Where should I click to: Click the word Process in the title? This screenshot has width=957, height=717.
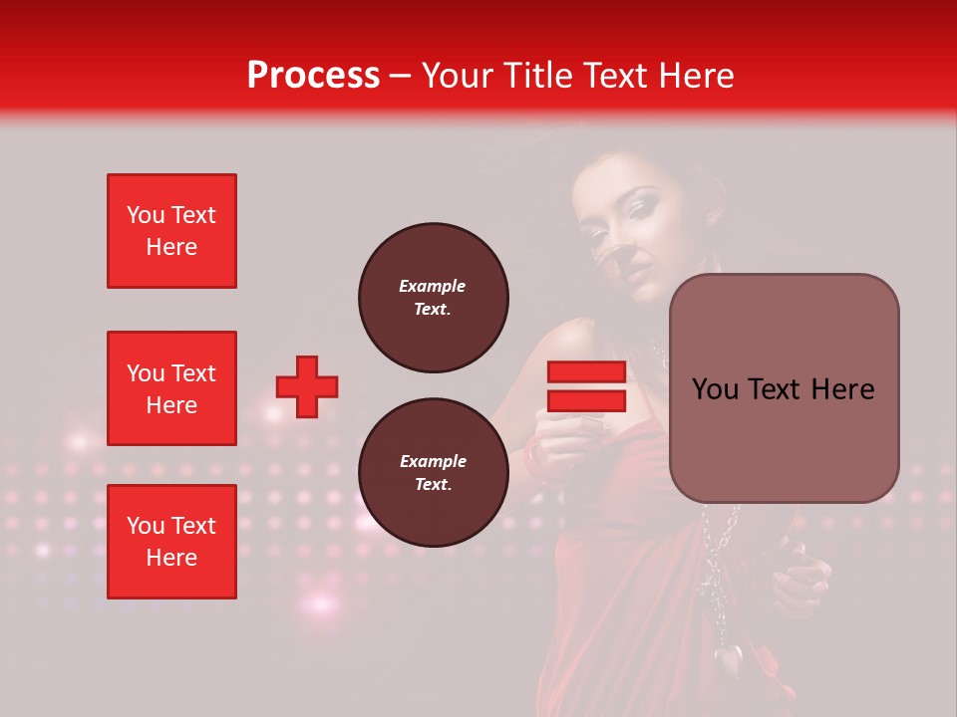(x=313, y=76)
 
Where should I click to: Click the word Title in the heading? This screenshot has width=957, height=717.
(x=537, y=76)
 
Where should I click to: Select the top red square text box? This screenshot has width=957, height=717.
(x=171, y=231)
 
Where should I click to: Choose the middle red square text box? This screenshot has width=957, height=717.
(x=171, y=388)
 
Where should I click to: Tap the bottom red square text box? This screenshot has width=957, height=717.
(x=171, y=542)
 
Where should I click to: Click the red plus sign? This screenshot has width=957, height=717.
(x=307, y=386)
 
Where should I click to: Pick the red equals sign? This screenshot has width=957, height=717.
(x=586, y=386)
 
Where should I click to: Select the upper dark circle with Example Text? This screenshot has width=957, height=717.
(x=433, y=297)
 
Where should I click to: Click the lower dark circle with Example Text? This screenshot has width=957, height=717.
(x=433, y=472)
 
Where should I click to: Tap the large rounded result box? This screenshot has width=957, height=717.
(x=784, y=388)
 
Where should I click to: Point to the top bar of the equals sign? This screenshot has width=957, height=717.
(x=586, y=372)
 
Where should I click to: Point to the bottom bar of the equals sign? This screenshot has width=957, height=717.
(x=586, y=400)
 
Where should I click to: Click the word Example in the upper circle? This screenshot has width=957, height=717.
(x=433, y=286)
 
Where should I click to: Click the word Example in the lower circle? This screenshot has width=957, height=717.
(x=433, y=461)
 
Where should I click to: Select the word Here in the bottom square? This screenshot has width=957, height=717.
(x=171, y=558)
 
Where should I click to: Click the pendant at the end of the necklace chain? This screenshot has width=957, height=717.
(x=729, y=656)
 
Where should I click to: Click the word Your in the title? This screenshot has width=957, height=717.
(x=459, y=76)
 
